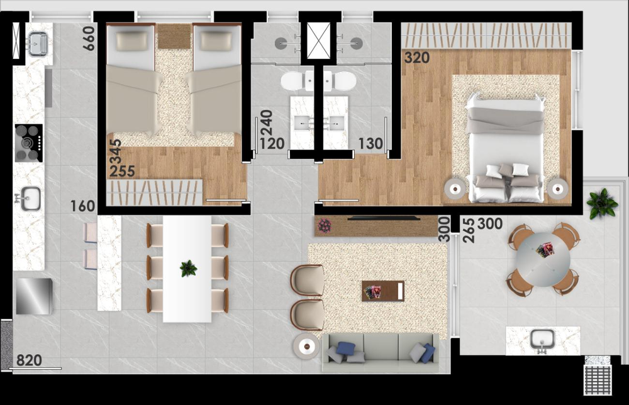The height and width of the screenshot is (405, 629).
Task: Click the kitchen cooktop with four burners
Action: (28, 143)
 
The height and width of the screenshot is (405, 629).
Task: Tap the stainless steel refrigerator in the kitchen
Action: (33, 296)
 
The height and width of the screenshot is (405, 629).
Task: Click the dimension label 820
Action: (29, 360)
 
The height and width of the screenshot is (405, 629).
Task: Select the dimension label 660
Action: (89, 38)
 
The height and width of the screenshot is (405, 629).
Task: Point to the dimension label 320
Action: (417, 58)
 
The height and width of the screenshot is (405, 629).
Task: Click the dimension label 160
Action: (82, 206)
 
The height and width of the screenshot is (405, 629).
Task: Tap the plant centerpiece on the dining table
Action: (188, 268)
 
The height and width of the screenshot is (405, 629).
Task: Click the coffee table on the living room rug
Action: (383, 291)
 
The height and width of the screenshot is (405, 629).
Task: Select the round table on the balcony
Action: (543, 259)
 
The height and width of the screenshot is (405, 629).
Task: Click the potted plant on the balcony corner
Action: (602, 203)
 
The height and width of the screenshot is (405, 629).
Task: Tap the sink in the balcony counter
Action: (543, 340)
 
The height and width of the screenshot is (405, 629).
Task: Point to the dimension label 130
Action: (371, 144)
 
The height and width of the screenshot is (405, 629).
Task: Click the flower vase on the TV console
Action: (325, 225)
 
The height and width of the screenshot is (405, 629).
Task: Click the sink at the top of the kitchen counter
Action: (38, 43)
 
